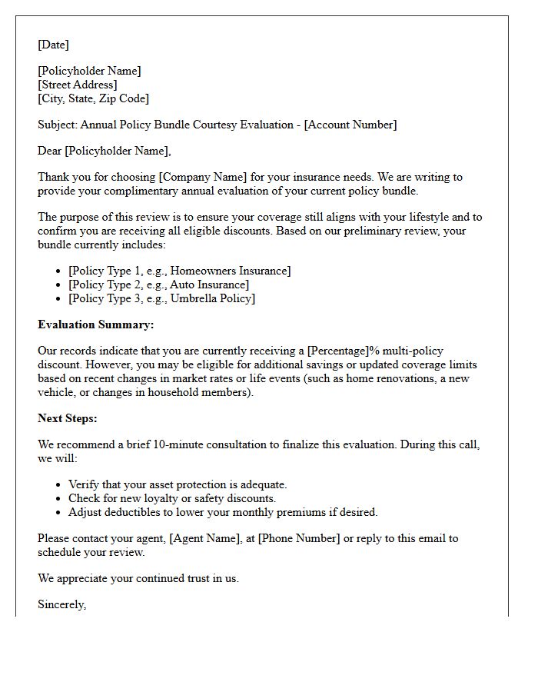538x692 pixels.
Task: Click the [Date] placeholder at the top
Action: pos(53,45)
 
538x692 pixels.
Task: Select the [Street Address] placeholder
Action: pos(78,85)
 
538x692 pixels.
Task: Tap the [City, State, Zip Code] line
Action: pos(93,98)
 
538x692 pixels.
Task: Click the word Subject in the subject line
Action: pos(57,125)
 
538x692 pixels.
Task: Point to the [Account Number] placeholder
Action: pos(350,125)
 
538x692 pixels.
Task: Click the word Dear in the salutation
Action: pos(50,151)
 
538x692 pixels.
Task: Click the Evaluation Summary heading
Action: pos(95,324)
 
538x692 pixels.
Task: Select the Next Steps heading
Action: pos(68,418)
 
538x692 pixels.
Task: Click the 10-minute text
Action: pos(174,444)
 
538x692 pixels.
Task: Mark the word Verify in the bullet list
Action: pos(85,484)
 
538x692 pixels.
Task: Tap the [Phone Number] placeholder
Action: pos(298,538)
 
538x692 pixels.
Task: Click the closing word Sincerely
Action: pos(61,604)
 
